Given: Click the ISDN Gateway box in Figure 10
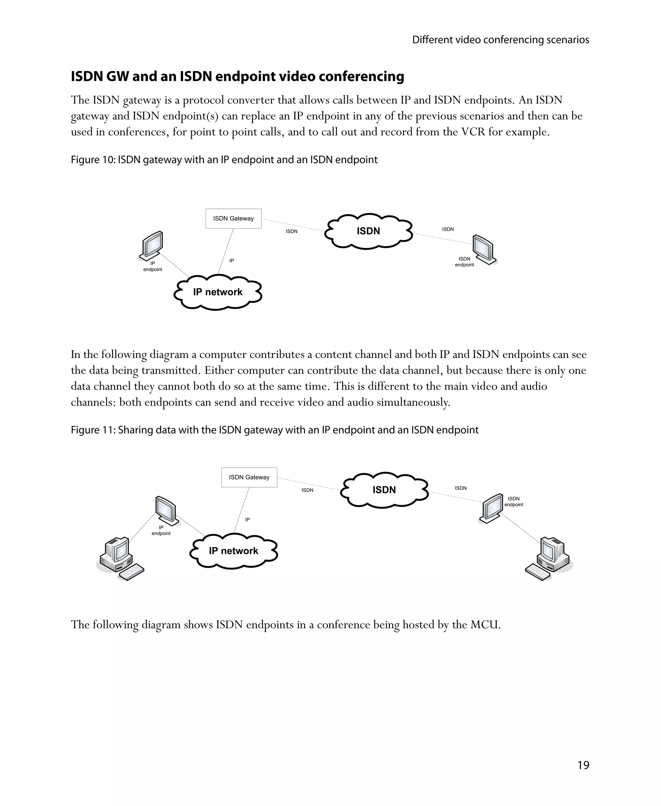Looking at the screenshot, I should click(x=233, y=219).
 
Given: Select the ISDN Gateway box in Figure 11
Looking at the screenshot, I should click(x=249, y=477).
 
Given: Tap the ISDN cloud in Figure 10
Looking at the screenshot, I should click(x=368, y=231).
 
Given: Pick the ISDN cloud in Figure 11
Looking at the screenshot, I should click(x=384, y=490).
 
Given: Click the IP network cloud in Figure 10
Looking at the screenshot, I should click(x=218, y=292).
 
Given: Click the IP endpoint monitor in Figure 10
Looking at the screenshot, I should click(x=152, y=245).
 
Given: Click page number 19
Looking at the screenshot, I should click(x=583, y=765).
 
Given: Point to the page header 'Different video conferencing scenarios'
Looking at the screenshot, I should click(x=500, y=40).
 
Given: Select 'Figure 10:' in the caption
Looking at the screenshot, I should click(x=93, y=160).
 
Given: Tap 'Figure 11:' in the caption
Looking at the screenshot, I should click(x=93, y=430).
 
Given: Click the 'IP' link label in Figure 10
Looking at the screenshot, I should click(x=231, y=261).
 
